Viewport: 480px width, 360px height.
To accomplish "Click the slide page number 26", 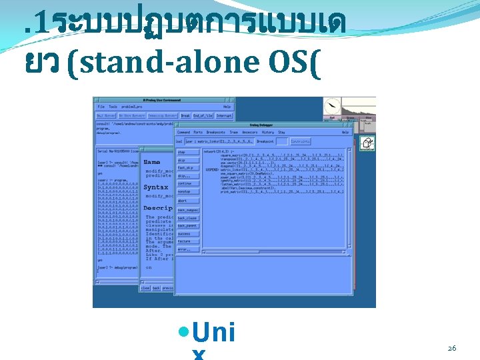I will pyautogui.click(x=451, y=348).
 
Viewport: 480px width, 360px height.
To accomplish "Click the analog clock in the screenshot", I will pyautogui.click(x=332, y=107).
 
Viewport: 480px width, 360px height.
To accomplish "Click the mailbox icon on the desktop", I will pyautogui.click(x=367, y=143).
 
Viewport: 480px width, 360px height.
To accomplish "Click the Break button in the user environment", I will pyautogui.click(x=185, y=115).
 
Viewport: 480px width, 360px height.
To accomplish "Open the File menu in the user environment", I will pyautogui.click(x=101, y=107).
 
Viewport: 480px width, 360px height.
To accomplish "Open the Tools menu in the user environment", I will pyautogui.click(x=113, y=107).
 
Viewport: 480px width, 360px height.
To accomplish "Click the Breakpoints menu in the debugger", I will pyautogui.click(x=216, y=133).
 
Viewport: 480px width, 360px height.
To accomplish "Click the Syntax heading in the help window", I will pyautogui.click(x=156, y=187).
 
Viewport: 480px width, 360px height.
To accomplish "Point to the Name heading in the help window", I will pyautogui.click(x=152, y=162).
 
